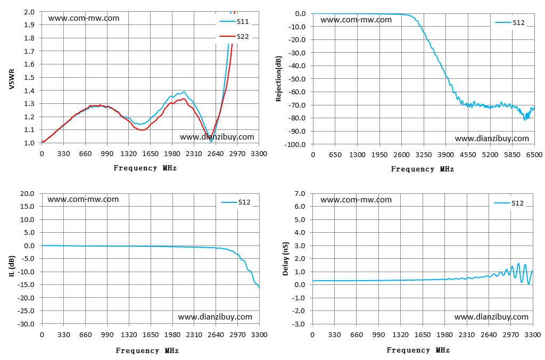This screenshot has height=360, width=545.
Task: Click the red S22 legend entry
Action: click(234, 37)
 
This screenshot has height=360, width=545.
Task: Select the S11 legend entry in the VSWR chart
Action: click(234, 21)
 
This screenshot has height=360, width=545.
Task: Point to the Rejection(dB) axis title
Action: click(278, 79)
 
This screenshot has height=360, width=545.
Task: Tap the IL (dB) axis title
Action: click(12, 266)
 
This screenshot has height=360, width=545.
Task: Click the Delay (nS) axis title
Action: click(286, 259)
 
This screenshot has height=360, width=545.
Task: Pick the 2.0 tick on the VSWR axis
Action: click(29, 12)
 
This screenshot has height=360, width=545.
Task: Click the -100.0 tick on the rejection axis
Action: click(295, 144)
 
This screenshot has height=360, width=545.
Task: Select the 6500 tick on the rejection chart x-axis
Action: click(534, 155)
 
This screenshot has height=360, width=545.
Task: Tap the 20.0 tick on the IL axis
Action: click(27, 194)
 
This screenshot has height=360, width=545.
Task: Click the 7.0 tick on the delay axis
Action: click(300, 194)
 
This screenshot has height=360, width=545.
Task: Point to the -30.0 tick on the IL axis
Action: click(26, 324)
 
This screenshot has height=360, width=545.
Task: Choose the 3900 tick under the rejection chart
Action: click(446, 155)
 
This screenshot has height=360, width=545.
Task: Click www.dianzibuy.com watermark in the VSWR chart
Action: click(217, 137)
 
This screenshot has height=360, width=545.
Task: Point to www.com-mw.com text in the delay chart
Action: click(356, 200)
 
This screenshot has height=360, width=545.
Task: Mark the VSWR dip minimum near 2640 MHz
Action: click(211, 141)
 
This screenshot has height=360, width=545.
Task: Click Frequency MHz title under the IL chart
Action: click(147, 350)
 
